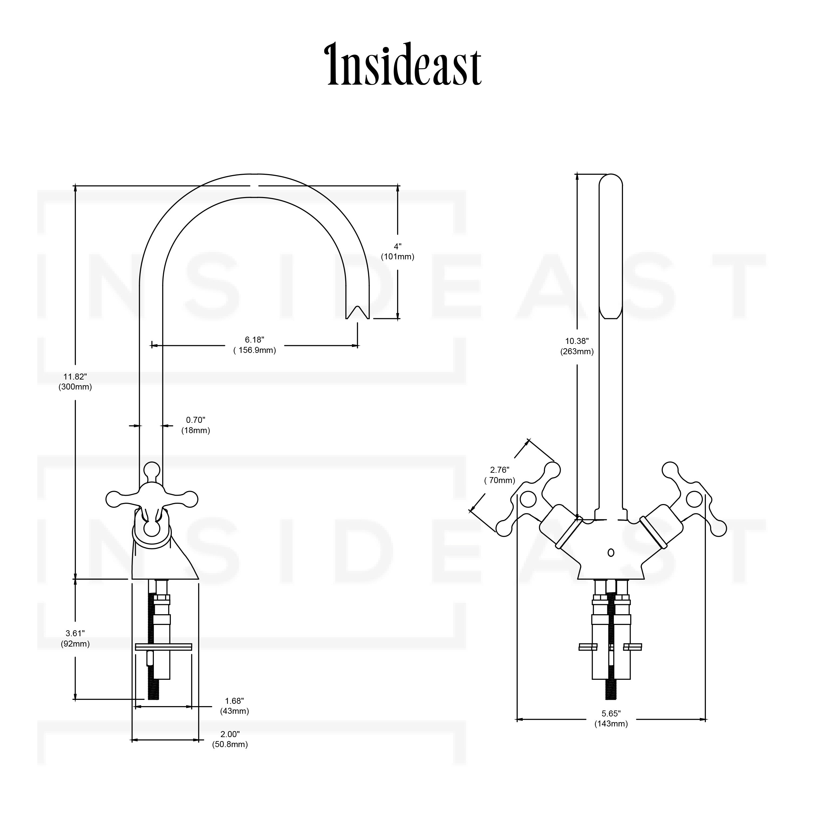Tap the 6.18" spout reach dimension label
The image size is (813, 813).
pyautogui.click(x=255, y=345)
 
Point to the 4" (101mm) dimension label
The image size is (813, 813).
pyautogui.click(x=398, y=252)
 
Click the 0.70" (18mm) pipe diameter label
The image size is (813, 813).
pyautogui.click(x=196, y=425)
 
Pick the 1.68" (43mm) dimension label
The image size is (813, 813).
pyautogui.click(x=234, y=706)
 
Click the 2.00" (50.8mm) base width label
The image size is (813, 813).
pyautogui.click(x=230, y=739)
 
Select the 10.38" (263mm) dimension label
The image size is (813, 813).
pyautogui.click(x=577, y=346)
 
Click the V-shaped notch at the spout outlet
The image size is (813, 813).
pyautogui.click(x=357, y=312)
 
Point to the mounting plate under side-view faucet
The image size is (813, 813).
pyautogui.click(x=163, y=647)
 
